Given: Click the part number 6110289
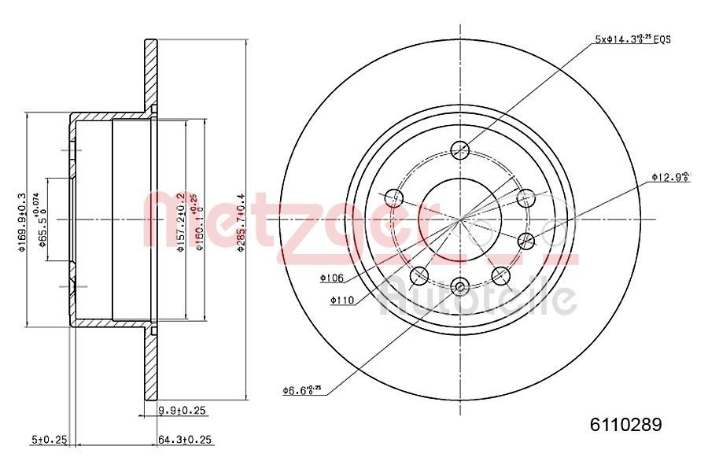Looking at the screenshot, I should point(626,425).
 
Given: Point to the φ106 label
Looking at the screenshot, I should point(333,277).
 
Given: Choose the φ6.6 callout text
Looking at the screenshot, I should point(301,389).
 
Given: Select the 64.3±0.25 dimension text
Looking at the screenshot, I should point(187,440).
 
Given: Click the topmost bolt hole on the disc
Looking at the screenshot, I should point(461,149).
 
